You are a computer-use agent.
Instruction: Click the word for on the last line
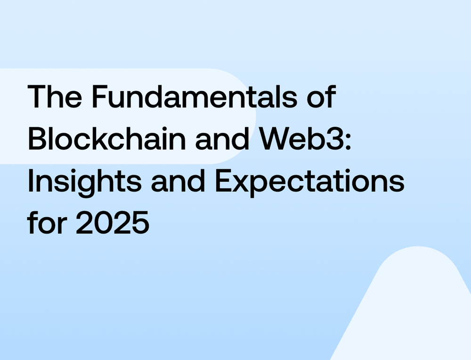pyautogui.click(x=47, y=223)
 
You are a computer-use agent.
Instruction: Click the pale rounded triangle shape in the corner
pyautogui.click(x=414, y=311)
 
